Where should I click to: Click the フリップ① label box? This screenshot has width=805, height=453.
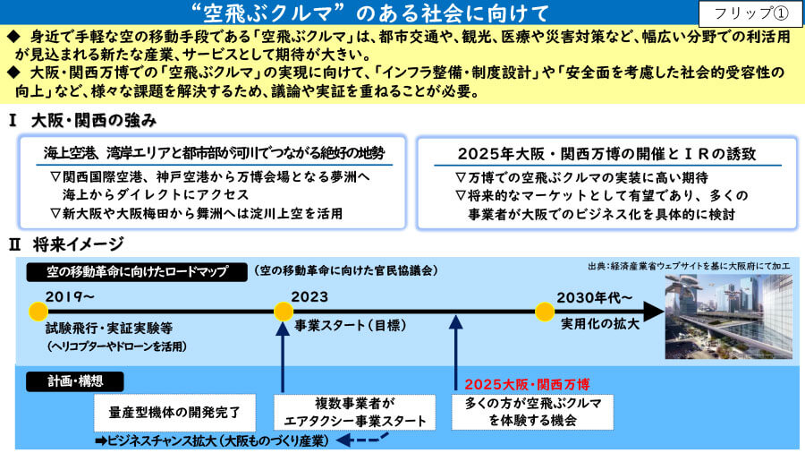750,13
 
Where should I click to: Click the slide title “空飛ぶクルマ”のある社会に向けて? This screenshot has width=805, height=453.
369,13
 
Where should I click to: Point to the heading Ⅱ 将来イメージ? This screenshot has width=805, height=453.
66,244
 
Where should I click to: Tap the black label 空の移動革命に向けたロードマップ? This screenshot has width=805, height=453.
137,271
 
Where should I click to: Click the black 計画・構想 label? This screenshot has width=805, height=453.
75,381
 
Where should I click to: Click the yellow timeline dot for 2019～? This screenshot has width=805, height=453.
38,312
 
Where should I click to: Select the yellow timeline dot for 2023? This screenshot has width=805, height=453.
284,312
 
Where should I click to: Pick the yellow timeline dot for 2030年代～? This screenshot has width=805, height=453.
545,312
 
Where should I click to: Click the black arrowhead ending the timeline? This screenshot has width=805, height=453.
653,312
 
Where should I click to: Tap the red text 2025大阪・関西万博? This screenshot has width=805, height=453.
527,385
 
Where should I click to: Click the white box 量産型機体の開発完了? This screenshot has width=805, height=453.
174,413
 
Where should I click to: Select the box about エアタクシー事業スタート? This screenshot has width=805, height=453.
355,413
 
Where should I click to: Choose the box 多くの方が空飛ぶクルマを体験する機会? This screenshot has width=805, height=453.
532,412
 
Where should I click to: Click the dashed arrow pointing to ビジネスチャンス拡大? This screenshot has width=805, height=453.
362,440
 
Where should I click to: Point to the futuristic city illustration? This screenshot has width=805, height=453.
728,316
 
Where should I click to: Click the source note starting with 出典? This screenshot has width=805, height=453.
689,266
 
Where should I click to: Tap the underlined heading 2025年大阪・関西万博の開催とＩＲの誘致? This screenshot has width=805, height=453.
607,154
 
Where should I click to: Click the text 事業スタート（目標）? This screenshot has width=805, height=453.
351,325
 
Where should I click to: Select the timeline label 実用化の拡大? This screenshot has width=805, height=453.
599,324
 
